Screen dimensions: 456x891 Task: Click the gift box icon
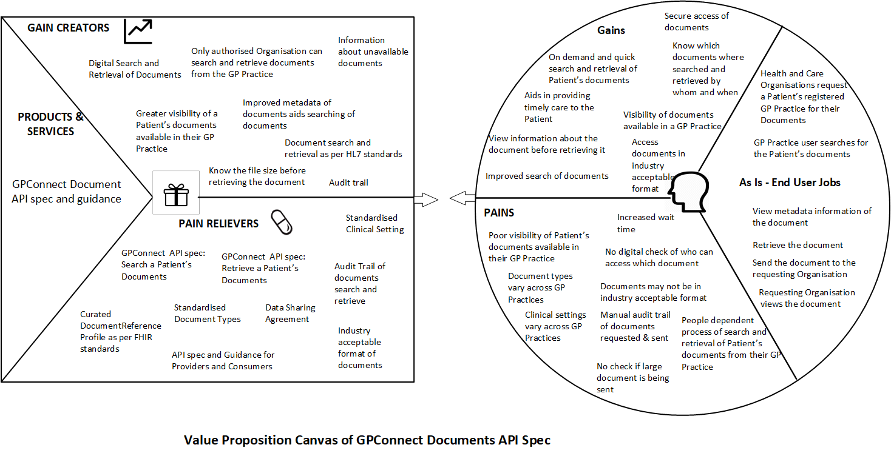(x=176, y=193)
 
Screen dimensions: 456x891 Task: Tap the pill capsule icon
(x=281, y=222)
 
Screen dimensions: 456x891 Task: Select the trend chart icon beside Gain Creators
(x=138, y=31)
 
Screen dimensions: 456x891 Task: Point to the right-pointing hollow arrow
(x=426, y=198)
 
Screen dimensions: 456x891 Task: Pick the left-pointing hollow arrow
(x=462, y=196)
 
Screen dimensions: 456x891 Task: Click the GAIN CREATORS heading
(x=69, y=28)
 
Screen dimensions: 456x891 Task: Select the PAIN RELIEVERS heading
(x=219, y=224)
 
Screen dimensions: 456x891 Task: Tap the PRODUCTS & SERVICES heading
(x=50, y=124)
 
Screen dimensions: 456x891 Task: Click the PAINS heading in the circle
(x=499, y=213)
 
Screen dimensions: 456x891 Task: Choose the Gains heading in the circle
(x=611, y=30)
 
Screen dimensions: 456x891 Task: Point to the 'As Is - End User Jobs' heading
(x=790, y=182)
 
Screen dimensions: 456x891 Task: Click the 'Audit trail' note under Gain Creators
(x=348, y=183)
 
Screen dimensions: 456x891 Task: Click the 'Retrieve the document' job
(x=798, y=245)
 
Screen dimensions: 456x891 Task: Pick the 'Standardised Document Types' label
(x=208, y=313)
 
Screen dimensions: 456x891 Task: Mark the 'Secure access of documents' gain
(x=696, y=22)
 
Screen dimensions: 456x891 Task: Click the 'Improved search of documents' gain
(x=547, y=176)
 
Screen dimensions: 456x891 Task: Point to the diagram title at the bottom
(x=367, y=440)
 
